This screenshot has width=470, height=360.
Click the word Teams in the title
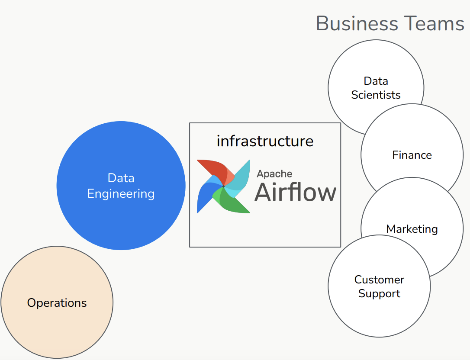433,23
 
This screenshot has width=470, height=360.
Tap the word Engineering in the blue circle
121,193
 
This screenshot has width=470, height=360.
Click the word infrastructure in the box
265,141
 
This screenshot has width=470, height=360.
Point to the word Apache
274,174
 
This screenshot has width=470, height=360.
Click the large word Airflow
295,192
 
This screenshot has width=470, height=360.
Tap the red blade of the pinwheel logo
214,170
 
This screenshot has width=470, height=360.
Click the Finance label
412,155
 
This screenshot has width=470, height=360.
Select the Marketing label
412,229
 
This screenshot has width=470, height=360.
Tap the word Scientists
376,95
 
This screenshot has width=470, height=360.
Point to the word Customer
379,280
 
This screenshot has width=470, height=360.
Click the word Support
379,293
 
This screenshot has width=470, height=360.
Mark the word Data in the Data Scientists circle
376,81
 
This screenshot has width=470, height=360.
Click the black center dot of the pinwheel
223,186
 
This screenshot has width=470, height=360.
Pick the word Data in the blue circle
121,178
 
